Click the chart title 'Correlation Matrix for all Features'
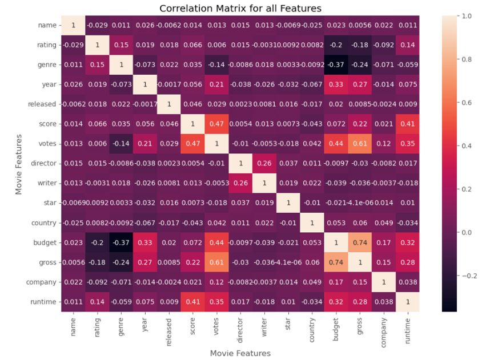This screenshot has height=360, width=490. (240, 9)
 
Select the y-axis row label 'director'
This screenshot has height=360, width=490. (43, 163)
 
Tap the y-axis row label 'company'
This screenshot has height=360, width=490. (41, 282)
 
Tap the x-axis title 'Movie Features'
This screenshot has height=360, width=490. (240, 353)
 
